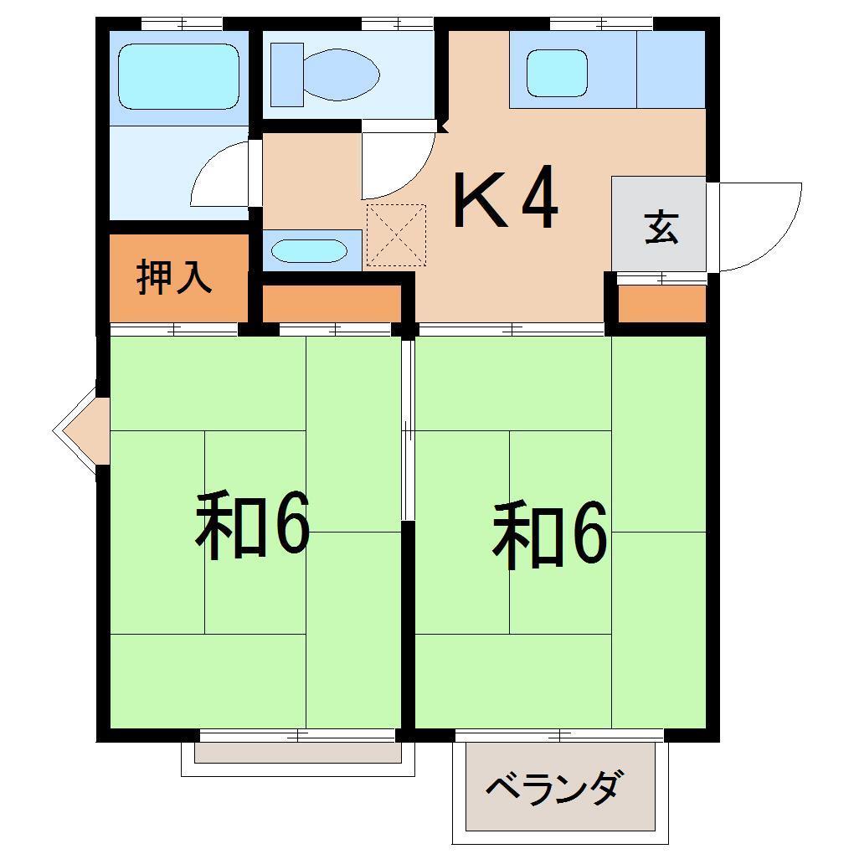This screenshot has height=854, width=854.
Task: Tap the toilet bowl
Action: pos(339,74)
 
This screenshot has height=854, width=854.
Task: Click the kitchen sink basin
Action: pos(557,74)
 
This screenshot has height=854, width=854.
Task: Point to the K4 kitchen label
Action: pos(505,201)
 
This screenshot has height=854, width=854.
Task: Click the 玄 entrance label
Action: pos(661,227)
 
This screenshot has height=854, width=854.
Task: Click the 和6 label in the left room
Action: pos(253,527)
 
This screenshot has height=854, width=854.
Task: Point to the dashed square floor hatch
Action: pos(396,234)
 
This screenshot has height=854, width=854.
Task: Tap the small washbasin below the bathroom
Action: pos(309,250)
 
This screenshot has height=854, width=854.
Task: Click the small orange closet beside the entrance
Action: pos(661,304)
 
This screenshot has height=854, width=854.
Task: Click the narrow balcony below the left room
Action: pos(298,753)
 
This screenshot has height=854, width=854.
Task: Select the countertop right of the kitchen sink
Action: pos(670,69)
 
